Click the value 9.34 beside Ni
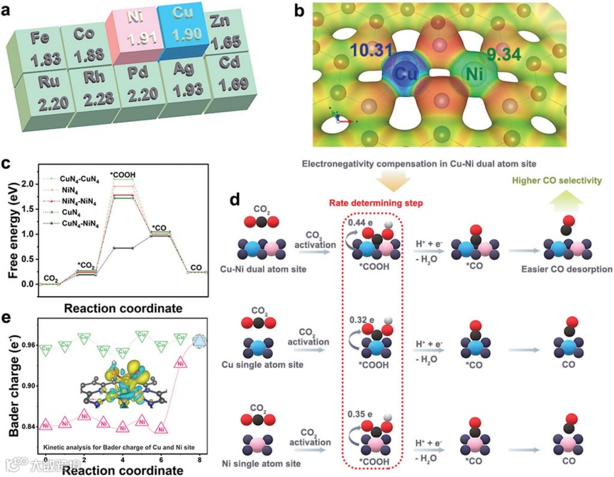pos(503,52)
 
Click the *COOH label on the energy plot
pos(123,174)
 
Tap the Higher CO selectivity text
pos(560,181)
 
